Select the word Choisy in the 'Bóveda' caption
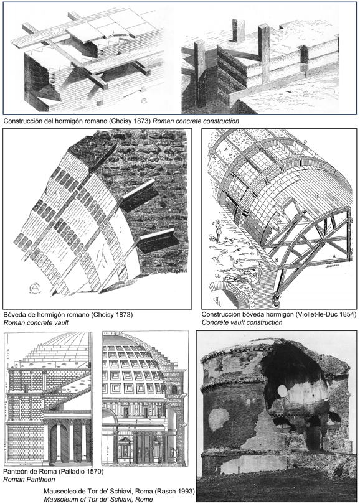(x=103, y=314)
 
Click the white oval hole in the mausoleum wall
(x=282, y=391)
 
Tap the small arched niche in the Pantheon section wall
(x=174, y=390)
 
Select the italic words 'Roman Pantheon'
(x=29, y=480)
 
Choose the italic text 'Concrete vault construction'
(x=242, y=322)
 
